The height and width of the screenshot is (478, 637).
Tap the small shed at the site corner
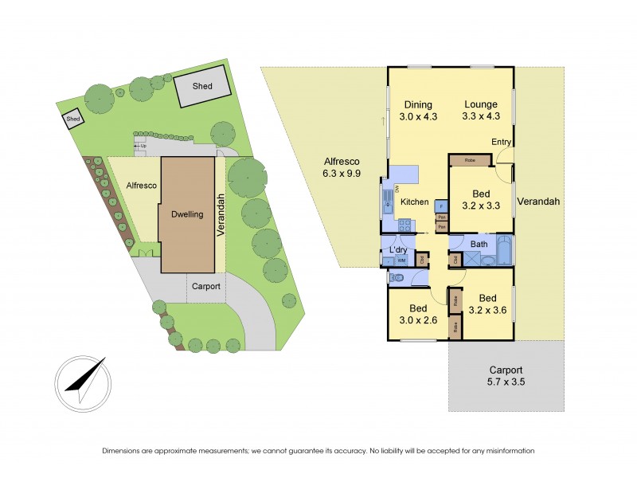73,119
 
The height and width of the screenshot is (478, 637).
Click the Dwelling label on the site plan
187,214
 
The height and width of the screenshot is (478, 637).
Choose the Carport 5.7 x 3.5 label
506,376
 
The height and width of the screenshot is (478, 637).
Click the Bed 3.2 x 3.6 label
487,305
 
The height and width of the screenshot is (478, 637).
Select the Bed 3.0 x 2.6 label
418,314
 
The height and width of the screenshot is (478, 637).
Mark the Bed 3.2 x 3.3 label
480,199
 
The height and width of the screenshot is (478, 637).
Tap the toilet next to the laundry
397,276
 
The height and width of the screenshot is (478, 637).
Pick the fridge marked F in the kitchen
440,206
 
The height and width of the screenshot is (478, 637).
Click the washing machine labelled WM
401,260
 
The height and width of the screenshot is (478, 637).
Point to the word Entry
501,143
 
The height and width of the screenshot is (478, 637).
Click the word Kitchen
414,202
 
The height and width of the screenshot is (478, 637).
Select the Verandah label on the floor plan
538,202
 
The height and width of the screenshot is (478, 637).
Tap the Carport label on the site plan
205,286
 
